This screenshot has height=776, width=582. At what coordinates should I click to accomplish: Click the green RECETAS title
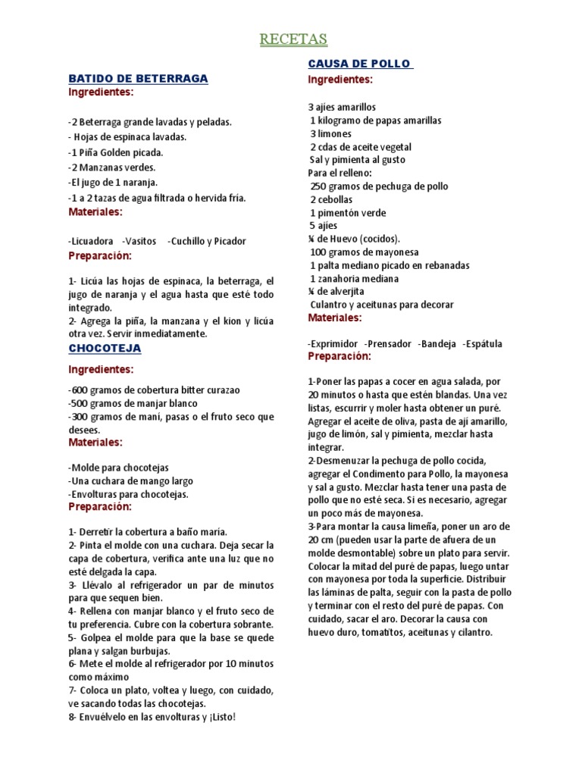pos(293,39)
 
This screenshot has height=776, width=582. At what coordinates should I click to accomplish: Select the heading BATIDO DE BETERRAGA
pos(138,78)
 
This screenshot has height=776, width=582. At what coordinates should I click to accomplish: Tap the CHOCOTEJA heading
pos(105,348)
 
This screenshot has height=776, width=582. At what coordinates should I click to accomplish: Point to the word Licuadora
pos(92,241)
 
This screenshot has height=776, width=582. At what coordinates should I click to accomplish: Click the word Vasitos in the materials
pos(139,241)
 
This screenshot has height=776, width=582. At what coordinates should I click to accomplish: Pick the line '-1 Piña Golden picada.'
pos(115,152)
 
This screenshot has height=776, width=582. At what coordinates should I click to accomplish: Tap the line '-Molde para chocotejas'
pos(118,467)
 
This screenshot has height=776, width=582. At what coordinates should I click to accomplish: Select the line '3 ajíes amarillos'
pos(342,107)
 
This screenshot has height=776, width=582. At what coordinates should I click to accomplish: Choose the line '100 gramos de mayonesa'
pos(365,252)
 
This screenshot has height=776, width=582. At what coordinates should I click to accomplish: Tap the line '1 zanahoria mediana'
pos(355,279)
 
